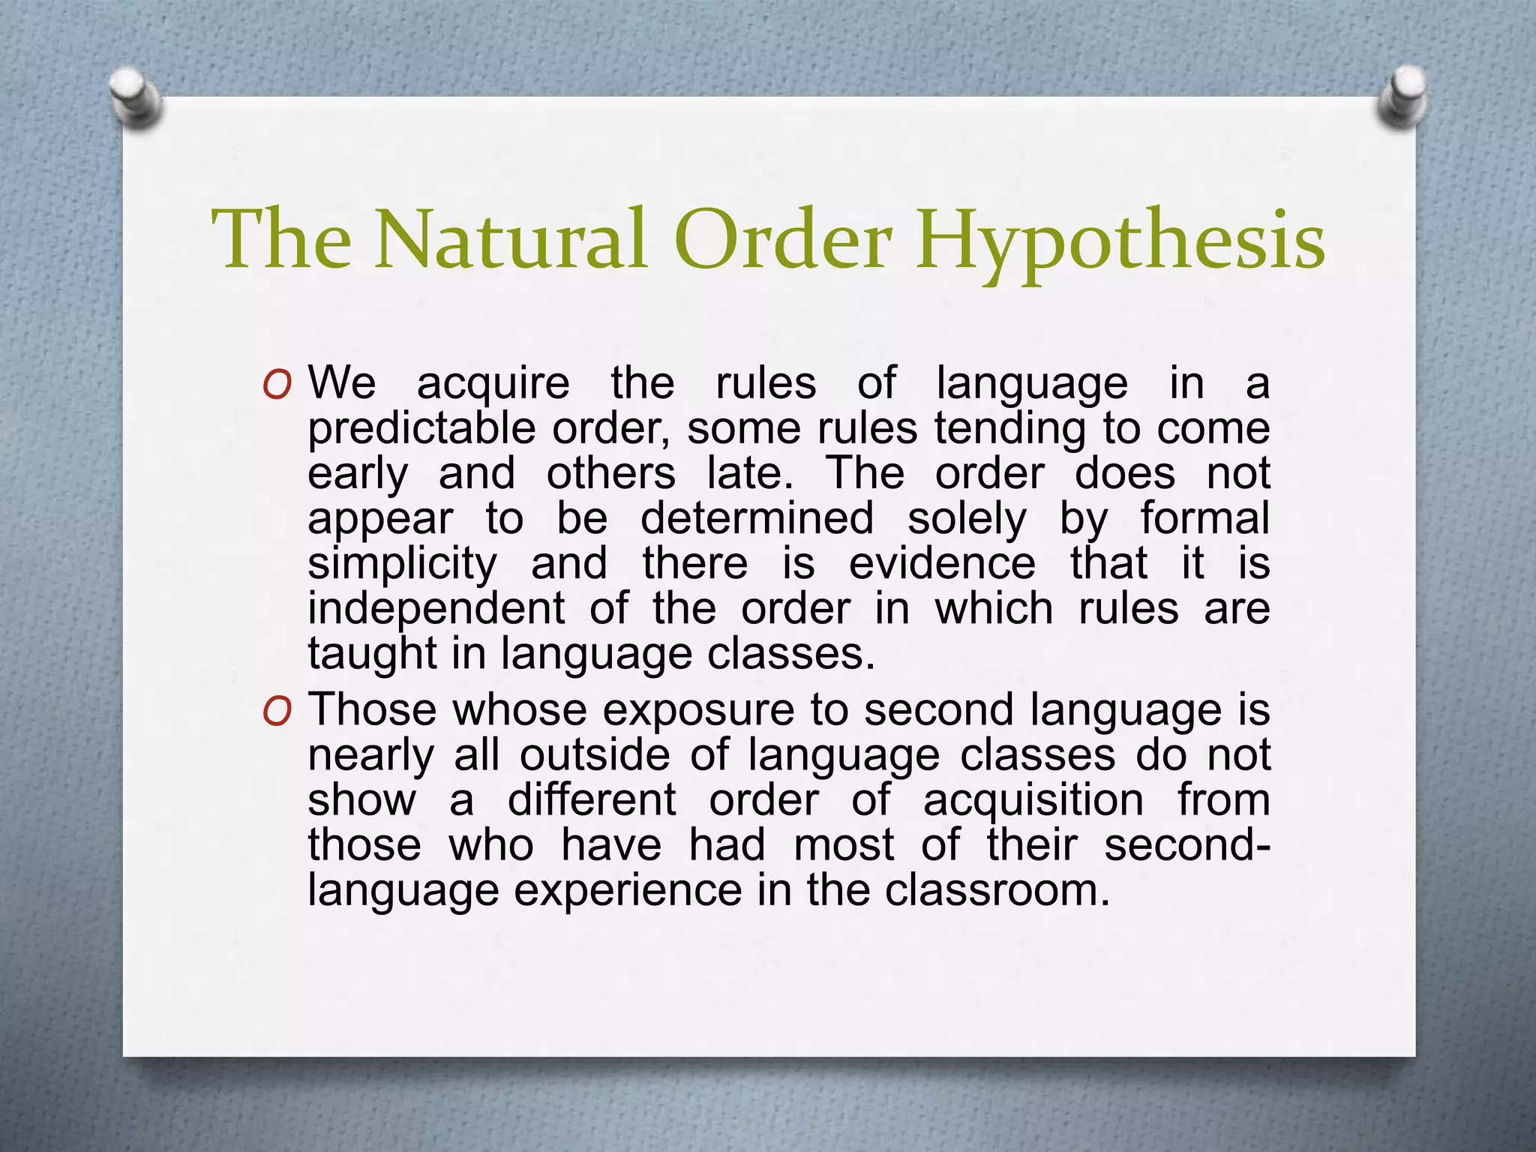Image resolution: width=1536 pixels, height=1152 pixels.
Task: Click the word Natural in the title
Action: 510,240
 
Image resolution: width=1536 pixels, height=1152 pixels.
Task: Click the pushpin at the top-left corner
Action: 136,97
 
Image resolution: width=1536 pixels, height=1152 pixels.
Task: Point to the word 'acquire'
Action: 493,384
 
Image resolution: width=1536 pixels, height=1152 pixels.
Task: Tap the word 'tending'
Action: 1009,430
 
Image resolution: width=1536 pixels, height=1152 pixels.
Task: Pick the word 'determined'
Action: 757,519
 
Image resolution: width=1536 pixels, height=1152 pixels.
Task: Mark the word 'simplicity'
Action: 402,565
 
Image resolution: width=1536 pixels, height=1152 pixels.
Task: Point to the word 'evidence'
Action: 942,564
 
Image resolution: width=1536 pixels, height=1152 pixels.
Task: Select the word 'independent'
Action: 436,609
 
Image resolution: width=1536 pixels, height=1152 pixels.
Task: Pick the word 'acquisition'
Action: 1033,801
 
